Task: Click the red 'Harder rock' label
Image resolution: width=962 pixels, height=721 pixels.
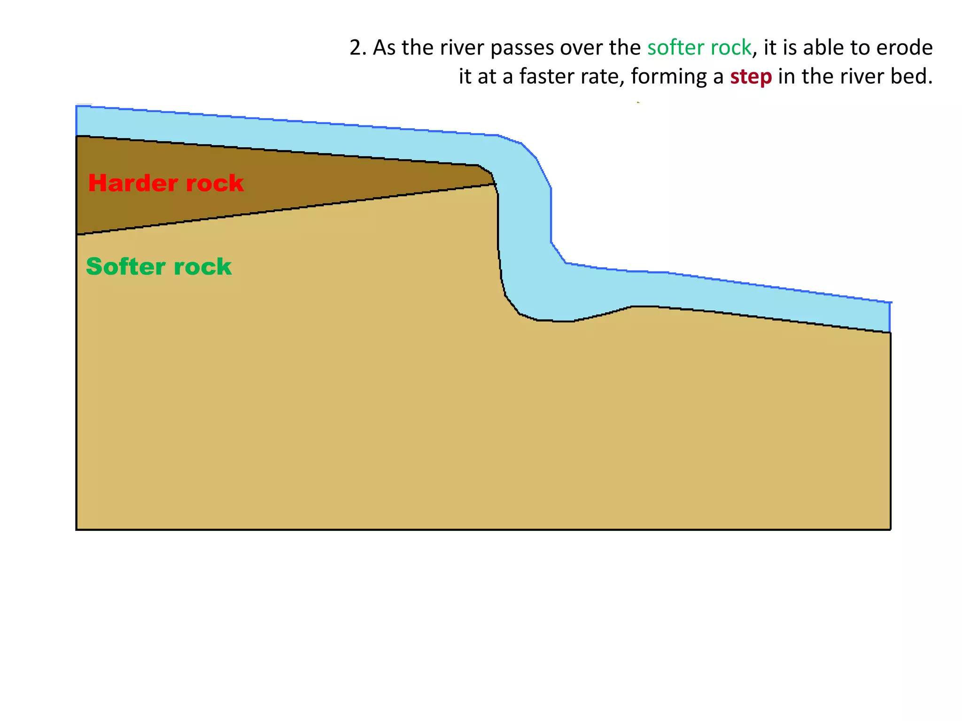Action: (x=166, y=183)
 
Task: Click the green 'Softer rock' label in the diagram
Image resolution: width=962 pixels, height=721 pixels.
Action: (x=159, y=267)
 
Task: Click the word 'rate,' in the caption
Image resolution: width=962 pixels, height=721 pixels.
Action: (x=604, y=77)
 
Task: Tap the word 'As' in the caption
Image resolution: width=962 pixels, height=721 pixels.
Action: (x=384, y=48)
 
